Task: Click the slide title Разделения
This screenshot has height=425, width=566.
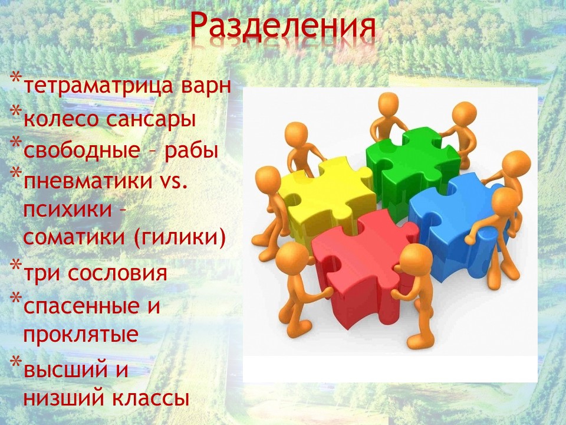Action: (x=282, y=26)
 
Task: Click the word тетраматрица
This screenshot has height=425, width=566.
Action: (x=99, y=86)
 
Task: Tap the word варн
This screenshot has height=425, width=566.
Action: (x=206, y=87)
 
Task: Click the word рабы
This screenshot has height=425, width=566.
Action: (x=191, y=151)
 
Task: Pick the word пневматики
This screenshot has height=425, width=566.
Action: (x=88, y=181)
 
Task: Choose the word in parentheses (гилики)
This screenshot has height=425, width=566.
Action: (x=180, y=237)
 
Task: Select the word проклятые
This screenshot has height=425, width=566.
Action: (x=81, y=335)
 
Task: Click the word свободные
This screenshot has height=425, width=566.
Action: (x=81, y=150)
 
